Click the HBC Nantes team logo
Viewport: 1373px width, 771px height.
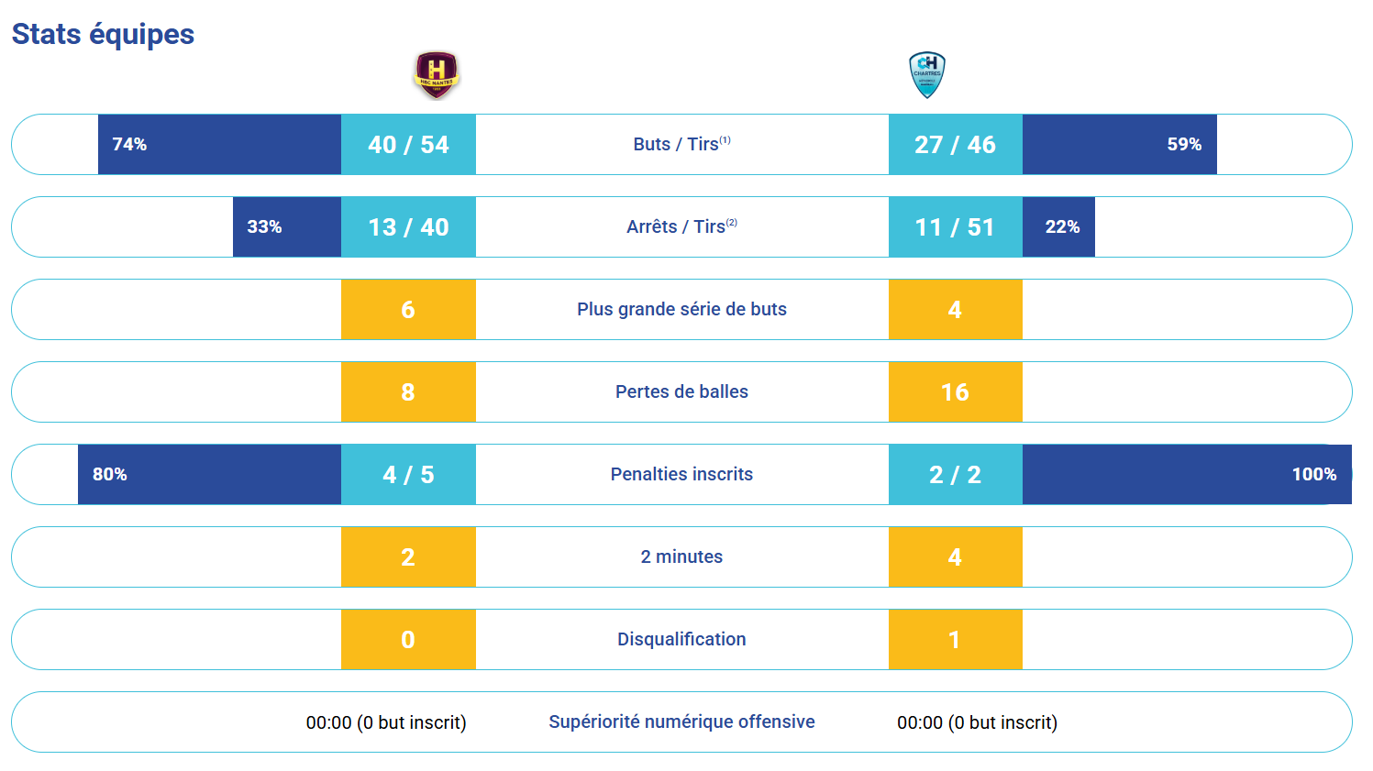click(x=436, y=74)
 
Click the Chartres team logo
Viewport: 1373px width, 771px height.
click(x=926, y=74)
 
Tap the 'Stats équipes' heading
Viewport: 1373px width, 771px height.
click(x=103, y=34)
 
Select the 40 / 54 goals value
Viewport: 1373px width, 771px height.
click(x=408, y=145)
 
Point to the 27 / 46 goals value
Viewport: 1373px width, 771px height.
click(x=955, y=145)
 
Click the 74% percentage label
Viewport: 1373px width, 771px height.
click(x=129, y=145)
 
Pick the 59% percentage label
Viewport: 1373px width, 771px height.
click(x=1183, y=145)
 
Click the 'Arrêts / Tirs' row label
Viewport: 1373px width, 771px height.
click(x=681, y=226)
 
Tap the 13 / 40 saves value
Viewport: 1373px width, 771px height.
click(x=408, y=227)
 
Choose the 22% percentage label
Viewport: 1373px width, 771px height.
click(x=1062, y=227)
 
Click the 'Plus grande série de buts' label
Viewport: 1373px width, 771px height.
click(x=681, y=309)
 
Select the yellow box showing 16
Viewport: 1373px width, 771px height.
click(x=955, y=392)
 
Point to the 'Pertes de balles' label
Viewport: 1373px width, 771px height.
click(x=681, y=391)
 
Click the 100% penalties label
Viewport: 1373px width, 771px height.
click(x=1313, y=475)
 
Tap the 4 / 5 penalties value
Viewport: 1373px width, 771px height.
click(x=408, y=475)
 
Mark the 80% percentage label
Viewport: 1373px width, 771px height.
click(x=110, y=475)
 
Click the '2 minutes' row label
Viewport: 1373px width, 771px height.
click(x=681, y=556)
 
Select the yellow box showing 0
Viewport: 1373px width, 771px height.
click(x=408, y=640)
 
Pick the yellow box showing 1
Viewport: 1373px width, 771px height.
click(x=955, y=640)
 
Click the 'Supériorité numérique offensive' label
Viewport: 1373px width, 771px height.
click(x=681, y=721)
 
